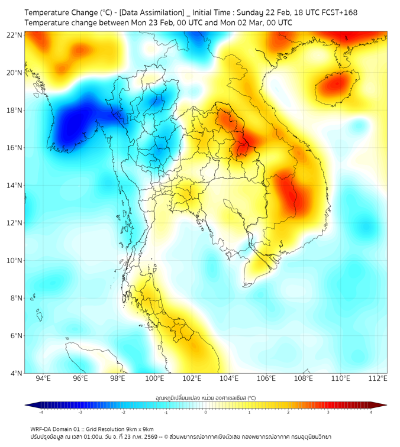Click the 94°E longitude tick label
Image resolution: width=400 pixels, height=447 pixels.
[x=43, y=378]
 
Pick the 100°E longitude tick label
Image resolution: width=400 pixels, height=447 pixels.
[x=154, y=378]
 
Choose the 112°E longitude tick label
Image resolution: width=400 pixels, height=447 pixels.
[x=378, y=378]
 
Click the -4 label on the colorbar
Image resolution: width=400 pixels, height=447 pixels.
[x=41, y=412]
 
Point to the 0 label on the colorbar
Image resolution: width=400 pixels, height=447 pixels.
[x=206, y=412]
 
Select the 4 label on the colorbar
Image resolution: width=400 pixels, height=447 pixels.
[x=371, y=412]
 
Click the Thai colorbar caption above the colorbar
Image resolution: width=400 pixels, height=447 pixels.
[x=205, y=398]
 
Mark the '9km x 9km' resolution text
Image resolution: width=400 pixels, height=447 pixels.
[x=139, y=429]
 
